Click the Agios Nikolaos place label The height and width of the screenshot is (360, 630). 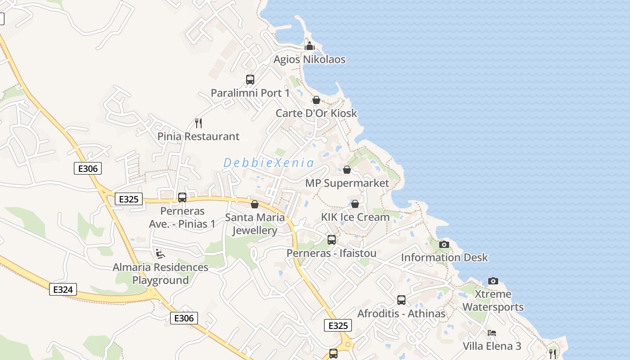[310, 59]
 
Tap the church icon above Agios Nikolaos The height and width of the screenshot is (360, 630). [310, 45]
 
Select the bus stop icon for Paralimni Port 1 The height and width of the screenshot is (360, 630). [250, 80]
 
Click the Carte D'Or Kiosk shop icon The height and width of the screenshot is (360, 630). [316, 100]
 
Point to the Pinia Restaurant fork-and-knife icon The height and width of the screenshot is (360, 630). [198, 122]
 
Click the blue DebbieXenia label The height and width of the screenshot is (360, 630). [268, 162]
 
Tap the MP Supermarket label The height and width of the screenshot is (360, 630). [347, 183]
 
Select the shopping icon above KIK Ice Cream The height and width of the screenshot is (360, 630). [355, 204]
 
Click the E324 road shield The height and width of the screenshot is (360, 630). [63, 289]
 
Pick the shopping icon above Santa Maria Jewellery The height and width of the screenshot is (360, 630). [255, 204]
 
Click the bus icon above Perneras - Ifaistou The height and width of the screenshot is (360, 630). [332, 240]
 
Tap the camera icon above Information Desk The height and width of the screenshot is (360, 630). [444, 244]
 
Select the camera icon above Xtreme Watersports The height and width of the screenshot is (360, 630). [493, 281]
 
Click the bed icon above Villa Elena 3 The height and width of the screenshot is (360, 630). [492, 333]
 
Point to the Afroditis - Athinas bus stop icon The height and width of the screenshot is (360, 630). [401, 300]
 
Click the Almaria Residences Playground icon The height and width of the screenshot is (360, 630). [160, 254]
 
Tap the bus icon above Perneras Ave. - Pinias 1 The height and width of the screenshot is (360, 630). [182, 198]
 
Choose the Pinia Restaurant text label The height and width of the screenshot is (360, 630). [198, 136]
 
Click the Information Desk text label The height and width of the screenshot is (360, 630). [444, 257]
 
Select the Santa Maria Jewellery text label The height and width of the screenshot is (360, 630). [255, 224]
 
